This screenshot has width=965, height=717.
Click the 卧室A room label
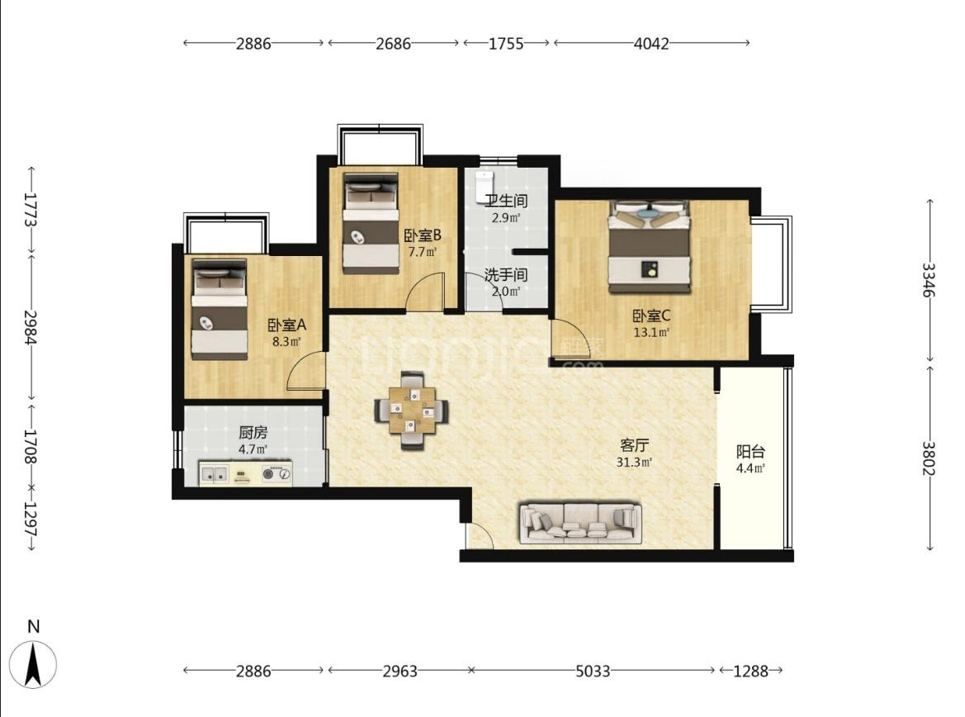tap(286, 325)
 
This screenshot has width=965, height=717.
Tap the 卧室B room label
tap(422, 235)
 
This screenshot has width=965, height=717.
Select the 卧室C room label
tap(652, 316)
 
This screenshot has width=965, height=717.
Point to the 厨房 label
tap(253, 433)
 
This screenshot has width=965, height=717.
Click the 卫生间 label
tap(506, 201)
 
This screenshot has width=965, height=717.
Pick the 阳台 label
tap(750, 452)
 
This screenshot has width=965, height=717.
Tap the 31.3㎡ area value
tap(634, 462)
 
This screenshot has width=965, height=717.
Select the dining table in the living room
tap(412, 410)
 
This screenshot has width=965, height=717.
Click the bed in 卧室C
tap(650, 246)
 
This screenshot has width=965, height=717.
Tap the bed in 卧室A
tap(219, 309)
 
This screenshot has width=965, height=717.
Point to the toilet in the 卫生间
tap(484, 187)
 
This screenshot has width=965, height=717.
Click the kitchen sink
tap(214, 474)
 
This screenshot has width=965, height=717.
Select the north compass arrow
tap(33, 664)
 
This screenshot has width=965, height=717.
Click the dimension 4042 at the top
tap(651, 43)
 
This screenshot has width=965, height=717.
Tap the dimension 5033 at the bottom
tap(593, 671)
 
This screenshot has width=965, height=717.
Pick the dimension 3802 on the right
tap(929, 458)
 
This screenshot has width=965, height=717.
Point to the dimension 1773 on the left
tap(31, 210)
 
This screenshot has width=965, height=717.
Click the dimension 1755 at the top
tap(506, 43)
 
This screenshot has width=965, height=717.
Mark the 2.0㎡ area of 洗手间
tap(506, 291)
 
